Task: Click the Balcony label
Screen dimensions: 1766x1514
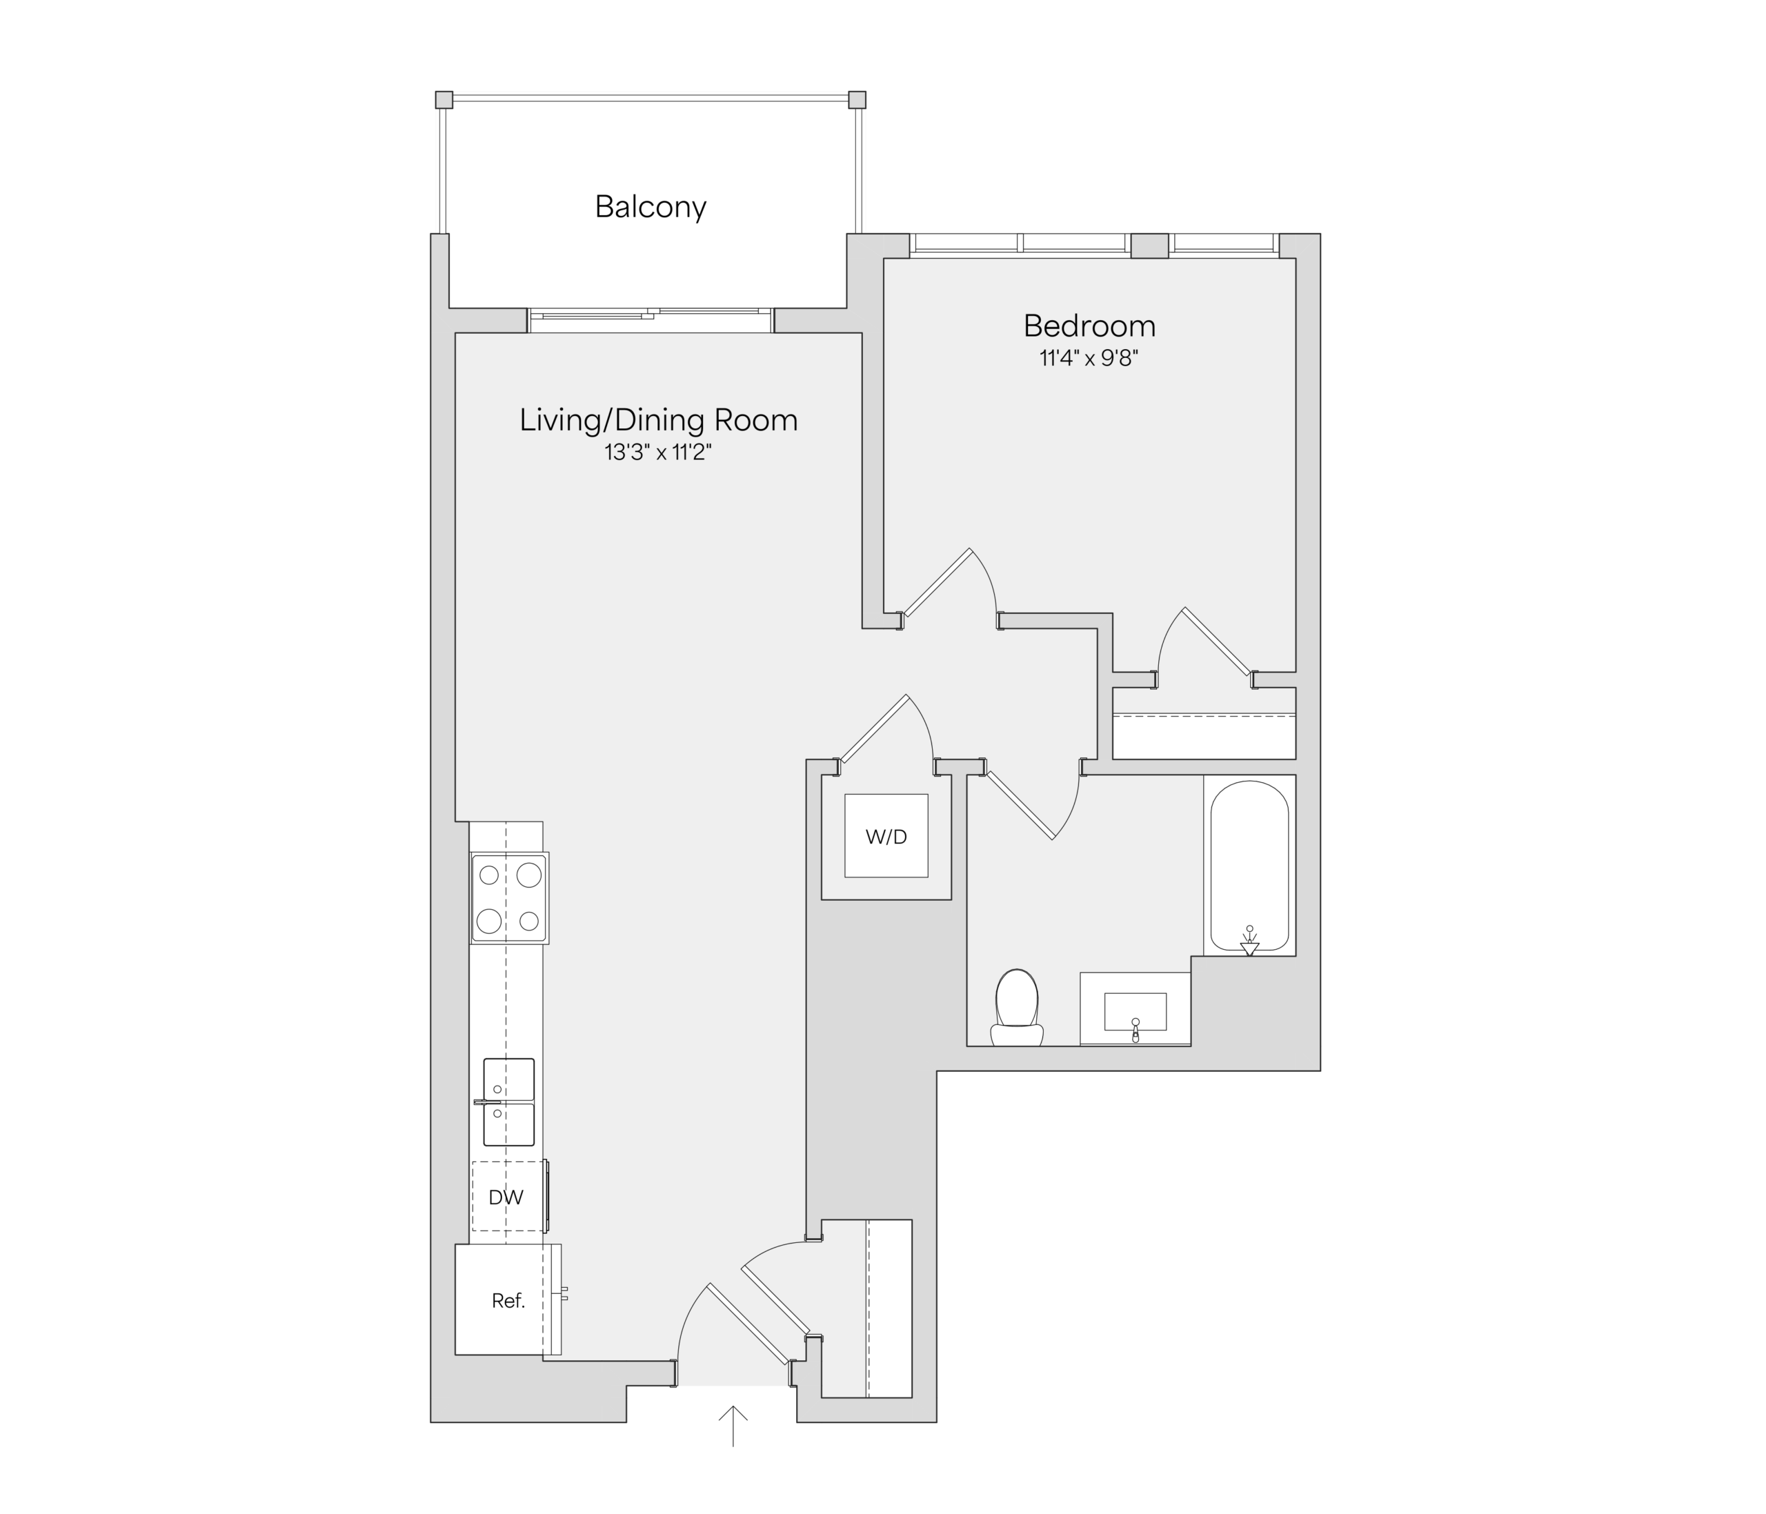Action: [651, 207]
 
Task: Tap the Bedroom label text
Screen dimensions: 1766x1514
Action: [1089, 326]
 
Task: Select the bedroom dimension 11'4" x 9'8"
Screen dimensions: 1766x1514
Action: [1089, 358]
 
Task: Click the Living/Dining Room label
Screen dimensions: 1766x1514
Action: [659, 420]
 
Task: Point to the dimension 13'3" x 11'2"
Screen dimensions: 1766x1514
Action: [658, 452]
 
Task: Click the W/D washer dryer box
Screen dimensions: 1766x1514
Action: [886, 835]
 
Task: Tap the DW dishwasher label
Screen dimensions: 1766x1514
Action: [506, 1197]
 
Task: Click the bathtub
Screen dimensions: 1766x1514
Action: [1249, 866]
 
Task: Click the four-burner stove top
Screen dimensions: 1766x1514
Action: [510, 898]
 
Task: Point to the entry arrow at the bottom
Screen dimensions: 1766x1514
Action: [733, 1426]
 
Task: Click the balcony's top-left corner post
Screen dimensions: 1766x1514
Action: [444, 100]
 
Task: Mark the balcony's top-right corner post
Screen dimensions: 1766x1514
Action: [857, 100]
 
